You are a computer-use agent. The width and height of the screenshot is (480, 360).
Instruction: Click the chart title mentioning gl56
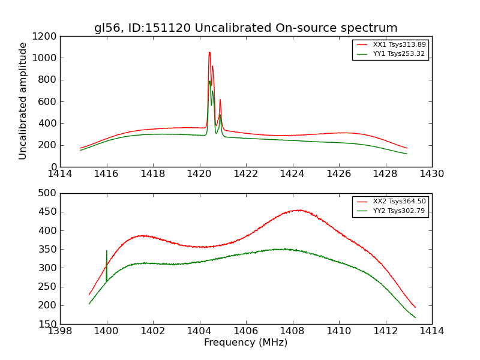click(x=245, y=28)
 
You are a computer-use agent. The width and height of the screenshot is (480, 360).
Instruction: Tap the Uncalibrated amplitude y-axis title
click(x=23, y=101)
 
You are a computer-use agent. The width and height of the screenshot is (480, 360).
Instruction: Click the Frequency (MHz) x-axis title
click(x=245, y=343)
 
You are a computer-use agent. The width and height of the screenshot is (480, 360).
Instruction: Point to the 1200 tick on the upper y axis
click(x=46, y=36)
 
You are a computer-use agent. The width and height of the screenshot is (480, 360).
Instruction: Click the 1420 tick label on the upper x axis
click(x=199, y=174)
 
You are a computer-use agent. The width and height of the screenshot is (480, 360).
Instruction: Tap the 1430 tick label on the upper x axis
click(x=431, y=174)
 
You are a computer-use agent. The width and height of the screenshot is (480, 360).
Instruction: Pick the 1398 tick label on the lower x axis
click(x=60, y=331)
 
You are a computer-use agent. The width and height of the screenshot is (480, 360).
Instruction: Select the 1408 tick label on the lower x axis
click(x=292, y=331)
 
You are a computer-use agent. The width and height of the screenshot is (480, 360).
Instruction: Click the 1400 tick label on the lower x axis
click(x=107, y=331)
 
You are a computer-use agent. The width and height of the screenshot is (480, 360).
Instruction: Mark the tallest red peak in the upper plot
click(x=209, y=52)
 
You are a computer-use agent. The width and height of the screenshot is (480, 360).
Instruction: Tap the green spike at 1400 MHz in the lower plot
click(x=107, y=252)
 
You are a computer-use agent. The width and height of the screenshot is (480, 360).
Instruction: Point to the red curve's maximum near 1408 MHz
click(x=298, y=210)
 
